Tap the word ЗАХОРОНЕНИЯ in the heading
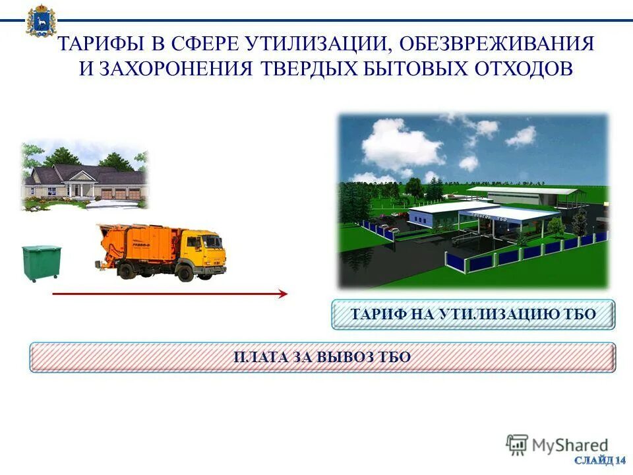coord(175,69)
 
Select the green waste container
coord(41,262)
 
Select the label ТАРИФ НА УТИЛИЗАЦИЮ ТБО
coord(473,315)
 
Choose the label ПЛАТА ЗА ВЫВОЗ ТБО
coord(322,357)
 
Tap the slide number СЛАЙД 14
coord(599,459)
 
